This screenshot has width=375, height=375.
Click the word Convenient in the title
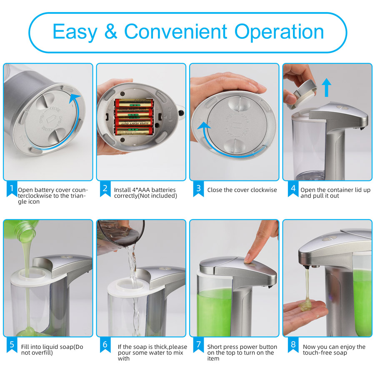[175, 31]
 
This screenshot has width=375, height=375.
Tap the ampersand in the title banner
[111, 31]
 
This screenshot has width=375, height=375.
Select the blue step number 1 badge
[12, 189]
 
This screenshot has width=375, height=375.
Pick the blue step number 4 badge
[293, 189]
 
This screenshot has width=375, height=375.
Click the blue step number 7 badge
[198, 345]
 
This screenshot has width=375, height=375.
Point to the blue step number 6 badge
[105, 345]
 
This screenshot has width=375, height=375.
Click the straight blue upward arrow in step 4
[326, 87]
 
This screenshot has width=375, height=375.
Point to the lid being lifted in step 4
[302, 93]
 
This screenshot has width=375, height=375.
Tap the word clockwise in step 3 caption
[262, 190]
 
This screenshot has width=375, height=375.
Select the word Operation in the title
[279, 32]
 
